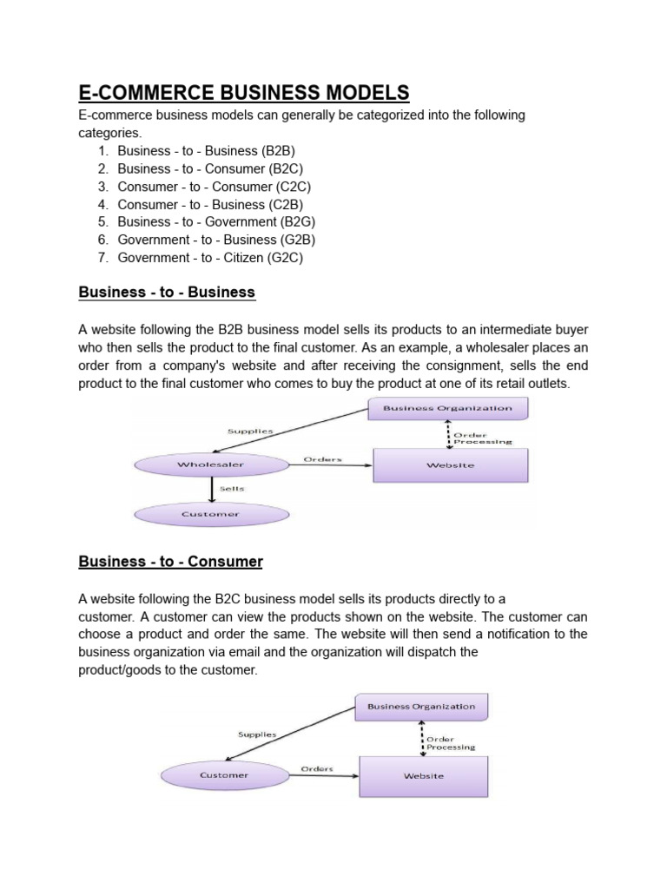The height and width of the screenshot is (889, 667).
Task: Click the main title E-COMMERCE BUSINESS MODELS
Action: click(243, 93)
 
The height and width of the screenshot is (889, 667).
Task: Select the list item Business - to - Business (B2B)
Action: click(200, 150)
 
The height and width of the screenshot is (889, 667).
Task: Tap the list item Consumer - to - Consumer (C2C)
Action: click(214, 187)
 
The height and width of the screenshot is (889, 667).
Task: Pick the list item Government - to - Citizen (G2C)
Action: click(210, 258)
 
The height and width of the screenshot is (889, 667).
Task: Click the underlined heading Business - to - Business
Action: click(167, 293)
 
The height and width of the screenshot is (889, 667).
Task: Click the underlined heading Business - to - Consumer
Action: click(170, 562)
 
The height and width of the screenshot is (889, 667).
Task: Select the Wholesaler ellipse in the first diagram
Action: click(210, 465)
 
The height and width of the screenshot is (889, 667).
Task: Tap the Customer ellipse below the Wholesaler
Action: click(210, 514)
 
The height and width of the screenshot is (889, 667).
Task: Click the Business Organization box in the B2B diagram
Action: click(448, 407)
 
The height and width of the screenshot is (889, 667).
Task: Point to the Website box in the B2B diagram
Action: click(450, 465)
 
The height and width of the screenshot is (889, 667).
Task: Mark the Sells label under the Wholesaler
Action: click(232, 489)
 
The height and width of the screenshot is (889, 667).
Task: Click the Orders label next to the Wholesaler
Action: click(322, 458)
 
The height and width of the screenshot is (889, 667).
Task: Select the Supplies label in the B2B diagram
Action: click(250, 431)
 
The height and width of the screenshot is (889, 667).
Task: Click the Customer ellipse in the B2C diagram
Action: click(224, 775)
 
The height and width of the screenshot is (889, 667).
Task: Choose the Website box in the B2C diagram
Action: click(423, 776)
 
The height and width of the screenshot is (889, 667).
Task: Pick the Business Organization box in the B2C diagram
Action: click(421, 707)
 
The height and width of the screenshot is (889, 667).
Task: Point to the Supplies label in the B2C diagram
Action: click(257, 734)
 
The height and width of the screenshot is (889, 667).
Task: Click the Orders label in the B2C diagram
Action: click(318, 768)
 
